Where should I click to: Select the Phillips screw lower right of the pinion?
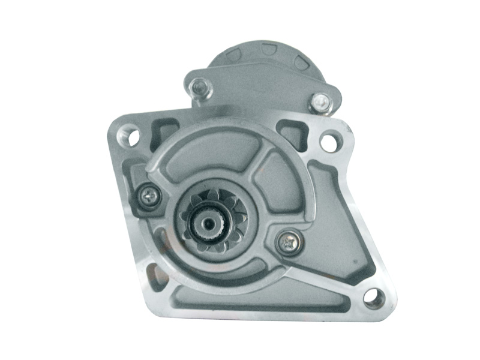pos(286,241)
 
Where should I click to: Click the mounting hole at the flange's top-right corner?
pos(329,142)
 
